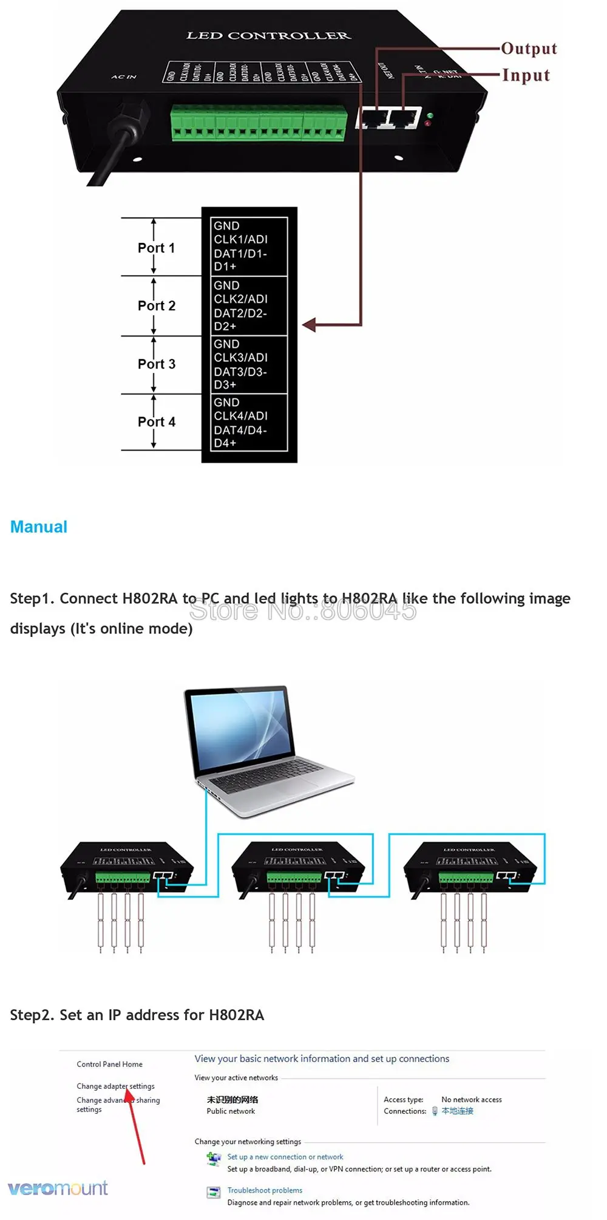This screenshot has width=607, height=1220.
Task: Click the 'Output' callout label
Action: click(529, 49)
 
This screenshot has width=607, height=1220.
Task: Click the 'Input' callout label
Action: click(526, 75)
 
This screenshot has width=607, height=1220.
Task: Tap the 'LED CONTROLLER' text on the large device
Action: click(268, 36)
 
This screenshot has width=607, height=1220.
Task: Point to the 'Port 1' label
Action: click(156, 248)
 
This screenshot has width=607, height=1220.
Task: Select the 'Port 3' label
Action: click(156, 364)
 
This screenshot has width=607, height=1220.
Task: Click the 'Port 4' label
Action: click(156, 421)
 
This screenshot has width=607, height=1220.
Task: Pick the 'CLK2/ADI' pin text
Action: click(240, 299)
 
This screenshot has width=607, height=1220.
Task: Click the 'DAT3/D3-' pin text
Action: click(240, 372)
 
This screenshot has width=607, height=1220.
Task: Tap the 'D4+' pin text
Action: click(225, 443)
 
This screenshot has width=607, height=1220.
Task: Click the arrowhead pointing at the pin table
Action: click(308, 325)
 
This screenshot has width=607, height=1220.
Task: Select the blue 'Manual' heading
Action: click(39, 527)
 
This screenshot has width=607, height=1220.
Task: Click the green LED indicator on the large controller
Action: click(430, 115)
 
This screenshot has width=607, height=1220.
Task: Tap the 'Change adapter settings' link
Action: click(115, 1086)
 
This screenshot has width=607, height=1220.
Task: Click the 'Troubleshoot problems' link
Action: click(265, 1190)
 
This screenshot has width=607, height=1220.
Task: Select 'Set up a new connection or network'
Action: click(285, 1157)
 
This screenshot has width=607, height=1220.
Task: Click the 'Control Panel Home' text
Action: click(109, 1064)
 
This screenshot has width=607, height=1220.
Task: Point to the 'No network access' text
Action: click(471, 1099)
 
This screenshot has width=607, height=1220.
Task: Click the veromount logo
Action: click(58, 1188)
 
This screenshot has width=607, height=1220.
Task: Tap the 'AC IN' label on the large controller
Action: click(124, 77)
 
